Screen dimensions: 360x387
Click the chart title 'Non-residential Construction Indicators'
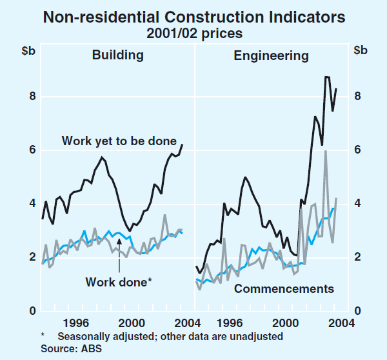pos(193,15)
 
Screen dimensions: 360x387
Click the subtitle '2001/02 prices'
pos(193,32)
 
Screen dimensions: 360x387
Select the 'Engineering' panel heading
pos(271,55)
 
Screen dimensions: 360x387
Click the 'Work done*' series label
pos(117,281)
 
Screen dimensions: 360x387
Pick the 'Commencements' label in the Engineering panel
pos(284,288)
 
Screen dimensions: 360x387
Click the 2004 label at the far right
pos(342,323)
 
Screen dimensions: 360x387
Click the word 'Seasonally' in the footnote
pos(82,336)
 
